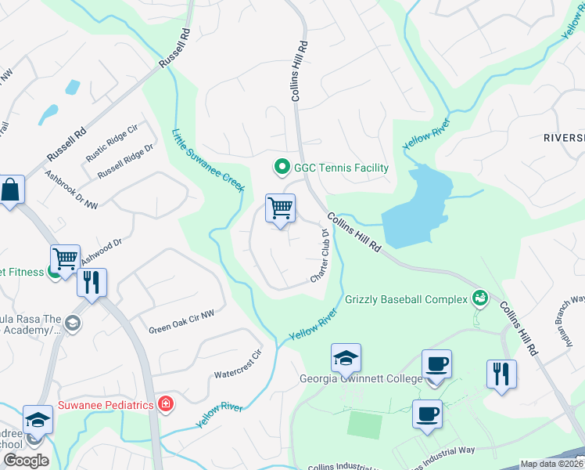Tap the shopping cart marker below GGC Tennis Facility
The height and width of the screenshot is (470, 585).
[x=280, y=209]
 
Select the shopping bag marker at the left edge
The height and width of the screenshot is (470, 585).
[x=11, y=190]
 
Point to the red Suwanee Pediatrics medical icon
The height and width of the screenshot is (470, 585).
[x=165, y=404]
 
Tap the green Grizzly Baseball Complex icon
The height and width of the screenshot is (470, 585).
[x=479, y=297]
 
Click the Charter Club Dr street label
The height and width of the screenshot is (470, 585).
[x=321, y=255]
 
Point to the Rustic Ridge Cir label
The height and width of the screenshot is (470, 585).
[x=112, y=139]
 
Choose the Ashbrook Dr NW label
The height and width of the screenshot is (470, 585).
[x=71, y=190]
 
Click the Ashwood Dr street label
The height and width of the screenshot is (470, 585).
[x=102, y=251]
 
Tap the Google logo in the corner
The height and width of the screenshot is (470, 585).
[x=25, y=461]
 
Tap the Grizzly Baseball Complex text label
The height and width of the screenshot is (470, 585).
[x=406, y=298]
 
